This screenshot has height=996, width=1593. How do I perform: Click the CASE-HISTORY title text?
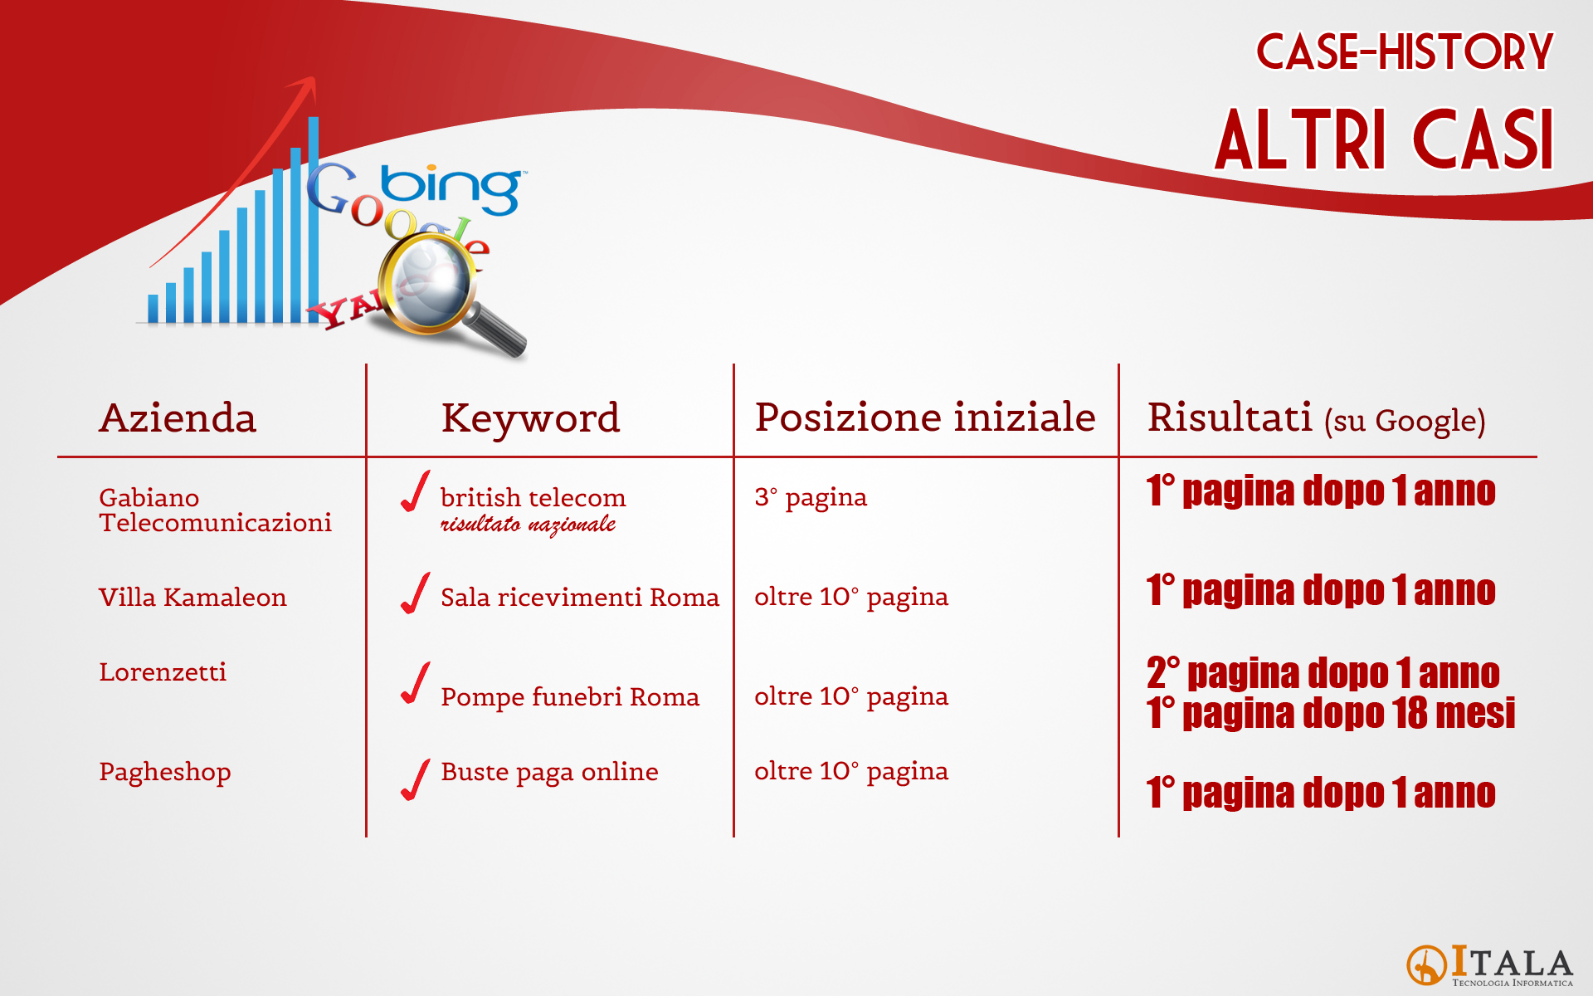1404,51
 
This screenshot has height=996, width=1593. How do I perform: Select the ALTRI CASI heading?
1384,139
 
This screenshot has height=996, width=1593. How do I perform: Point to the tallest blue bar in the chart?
314,219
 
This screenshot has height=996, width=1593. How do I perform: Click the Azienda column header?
178,417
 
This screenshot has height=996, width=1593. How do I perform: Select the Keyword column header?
530,418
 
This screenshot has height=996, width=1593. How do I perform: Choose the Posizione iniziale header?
925,417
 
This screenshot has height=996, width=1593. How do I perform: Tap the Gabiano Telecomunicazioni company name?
215,510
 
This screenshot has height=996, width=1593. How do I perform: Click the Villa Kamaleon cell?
192,597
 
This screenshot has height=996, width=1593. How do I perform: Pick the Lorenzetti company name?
163,671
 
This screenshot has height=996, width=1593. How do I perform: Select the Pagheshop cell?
165,772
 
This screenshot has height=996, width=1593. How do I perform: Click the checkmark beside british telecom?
415,491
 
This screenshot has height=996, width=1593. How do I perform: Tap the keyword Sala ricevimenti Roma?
580,597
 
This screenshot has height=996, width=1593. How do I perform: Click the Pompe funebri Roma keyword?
570,696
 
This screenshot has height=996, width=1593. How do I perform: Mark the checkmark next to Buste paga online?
415,779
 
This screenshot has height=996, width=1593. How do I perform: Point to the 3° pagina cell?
811,497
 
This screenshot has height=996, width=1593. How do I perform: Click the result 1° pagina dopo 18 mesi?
1331,713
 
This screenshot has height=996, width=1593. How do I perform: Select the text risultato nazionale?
528,525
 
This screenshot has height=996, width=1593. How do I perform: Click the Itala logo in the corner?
1489,966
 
